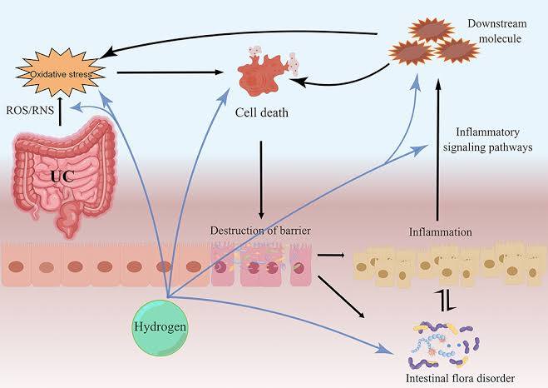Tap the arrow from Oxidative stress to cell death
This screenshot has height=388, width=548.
coord(170,73)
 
